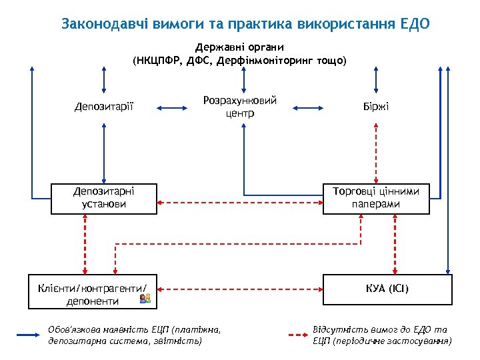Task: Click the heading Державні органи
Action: pos(239,47)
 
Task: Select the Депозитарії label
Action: pos(104,107)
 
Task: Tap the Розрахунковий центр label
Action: pos(239,107)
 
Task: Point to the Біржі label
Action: pos(376,107)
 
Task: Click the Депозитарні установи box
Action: pos(104,199)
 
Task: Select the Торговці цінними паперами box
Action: pos(376,199)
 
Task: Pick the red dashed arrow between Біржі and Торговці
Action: pos(376,153)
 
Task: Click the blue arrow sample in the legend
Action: pos(29,335)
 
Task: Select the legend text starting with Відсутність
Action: pos(382,335)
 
